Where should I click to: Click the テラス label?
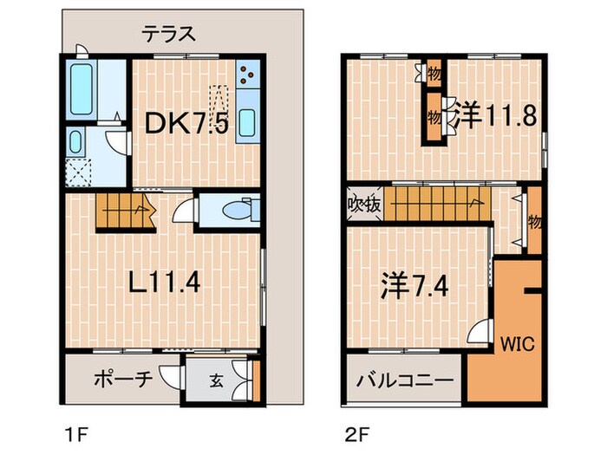pos(169,36)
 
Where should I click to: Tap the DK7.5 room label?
pos(197,124)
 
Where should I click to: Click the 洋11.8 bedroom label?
pos(493,116)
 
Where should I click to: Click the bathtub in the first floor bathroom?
pos(83,90)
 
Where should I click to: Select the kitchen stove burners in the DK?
pos(245,77)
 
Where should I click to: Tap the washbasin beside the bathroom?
pos(75,143)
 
